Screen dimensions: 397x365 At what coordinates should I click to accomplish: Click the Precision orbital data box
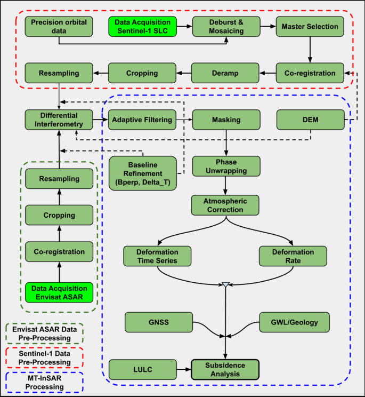point(59,27)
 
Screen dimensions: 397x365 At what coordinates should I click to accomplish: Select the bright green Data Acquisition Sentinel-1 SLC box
point(142,27)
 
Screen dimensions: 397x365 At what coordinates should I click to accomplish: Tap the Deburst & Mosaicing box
point(226,27)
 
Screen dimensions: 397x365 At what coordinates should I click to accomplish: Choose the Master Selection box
point(310,27)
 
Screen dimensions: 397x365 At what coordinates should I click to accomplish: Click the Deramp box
point(226,73)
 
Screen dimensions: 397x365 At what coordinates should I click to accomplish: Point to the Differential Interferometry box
point(59,120)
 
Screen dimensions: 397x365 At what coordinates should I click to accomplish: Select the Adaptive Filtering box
point(142,120)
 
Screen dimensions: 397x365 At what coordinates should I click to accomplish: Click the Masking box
point(226,120)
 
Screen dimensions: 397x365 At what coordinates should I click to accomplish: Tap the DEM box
point(310,120)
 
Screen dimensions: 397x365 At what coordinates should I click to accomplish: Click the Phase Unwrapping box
point(226,166)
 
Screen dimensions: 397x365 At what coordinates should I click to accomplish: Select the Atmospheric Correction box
point(226,205)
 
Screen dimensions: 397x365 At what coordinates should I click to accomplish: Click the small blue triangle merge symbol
point(225,285)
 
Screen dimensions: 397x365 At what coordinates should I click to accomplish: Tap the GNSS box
point(158,323)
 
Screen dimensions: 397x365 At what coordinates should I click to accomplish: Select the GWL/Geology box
point(294,323)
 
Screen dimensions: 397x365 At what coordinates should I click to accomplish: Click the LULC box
point(142,369)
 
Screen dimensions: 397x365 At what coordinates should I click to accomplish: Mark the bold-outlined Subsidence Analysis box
point(225,369)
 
